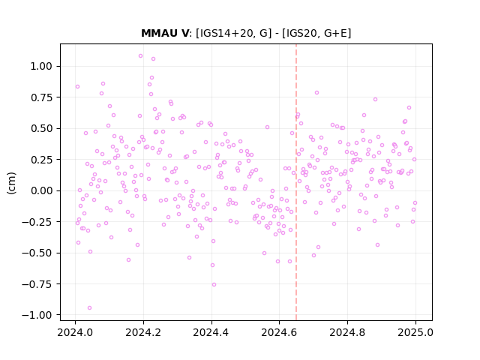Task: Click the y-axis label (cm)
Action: click(x=11, y=183)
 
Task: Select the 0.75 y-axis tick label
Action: click(x=41, y=97)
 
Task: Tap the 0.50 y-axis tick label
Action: click(x=41, y=128)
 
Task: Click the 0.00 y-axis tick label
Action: click(x=41, y=190)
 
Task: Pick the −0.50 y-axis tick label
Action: click(x=37, y=253)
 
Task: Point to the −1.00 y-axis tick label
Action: click(x=37, y=315)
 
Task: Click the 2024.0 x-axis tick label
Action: click(x=75, y=332)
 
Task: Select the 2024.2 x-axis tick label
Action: click(x=143, y=332)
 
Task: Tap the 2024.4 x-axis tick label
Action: click(x=211, y=332)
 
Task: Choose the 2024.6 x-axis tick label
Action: click(x=279, y=332)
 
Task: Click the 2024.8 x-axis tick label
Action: click(x=347, y=332)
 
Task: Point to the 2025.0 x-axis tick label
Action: click(x=415, y=332)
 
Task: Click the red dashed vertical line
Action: click(x=296, y=182)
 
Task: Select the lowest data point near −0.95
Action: click(x=89, y=308)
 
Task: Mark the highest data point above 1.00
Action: click(x=140, y=56)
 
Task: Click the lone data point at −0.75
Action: click(x=214, y=285)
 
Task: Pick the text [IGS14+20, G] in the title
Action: click(x=233, y=33)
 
